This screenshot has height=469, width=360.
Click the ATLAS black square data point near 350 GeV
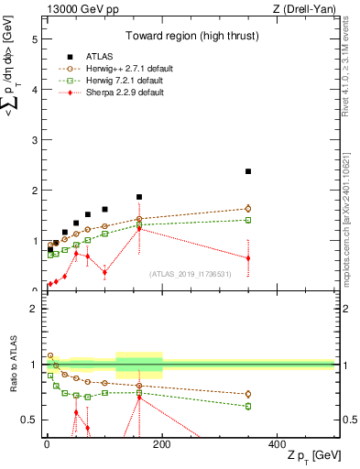pos(248,171)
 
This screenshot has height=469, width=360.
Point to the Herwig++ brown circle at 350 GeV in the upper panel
pos(248,209)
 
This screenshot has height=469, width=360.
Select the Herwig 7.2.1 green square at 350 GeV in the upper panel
pos(248,220)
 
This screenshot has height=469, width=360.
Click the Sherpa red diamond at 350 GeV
pos(248,258)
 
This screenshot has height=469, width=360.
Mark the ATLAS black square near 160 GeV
pos(139,197)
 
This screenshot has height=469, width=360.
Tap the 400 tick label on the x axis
pos(277,442)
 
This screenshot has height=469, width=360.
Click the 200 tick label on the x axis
pos(162,442)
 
